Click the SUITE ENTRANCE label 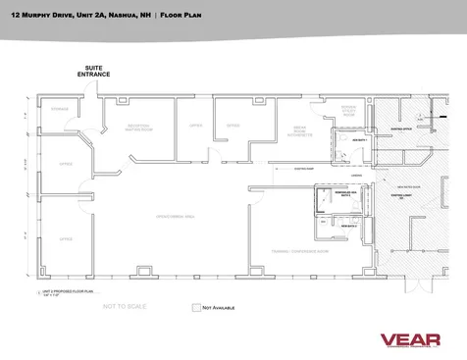[x=95, y=71]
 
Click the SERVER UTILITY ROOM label [x=347, y=112]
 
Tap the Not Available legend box [x=195, y=307]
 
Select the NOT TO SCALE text [x=125, y=306]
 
